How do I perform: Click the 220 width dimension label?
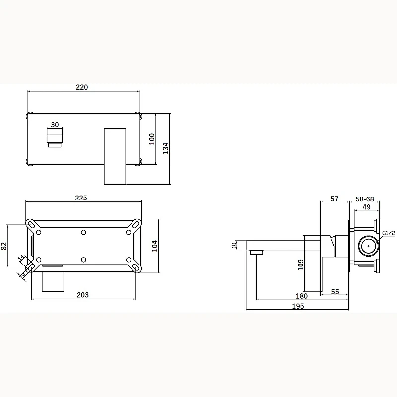(x=82, y=87)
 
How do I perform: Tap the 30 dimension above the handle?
(x=55, y=125)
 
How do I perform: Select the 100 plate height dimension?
(x=152, y=139)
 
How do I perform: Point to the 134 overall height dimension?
(x=166, y=148)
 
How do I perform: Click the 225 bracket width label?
(x=81, y=198)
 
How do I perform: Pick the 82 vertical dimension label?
(x=4, y=246)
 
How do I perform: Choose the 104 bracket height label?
(x=155, y=246)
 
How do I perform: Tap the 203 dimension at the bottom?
(x=83, y=295)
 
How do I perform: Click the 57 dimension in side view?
(x=334, y=199)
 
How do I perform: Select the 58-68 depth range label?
(x=365, y=199)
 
